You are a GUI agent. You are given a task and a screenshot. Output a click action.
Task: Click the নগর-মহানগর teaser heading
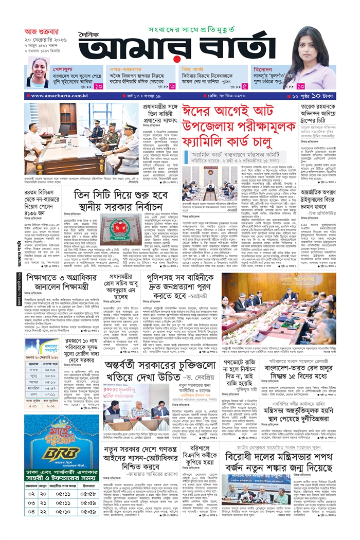pyautogui.click(x=127, y=67)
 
